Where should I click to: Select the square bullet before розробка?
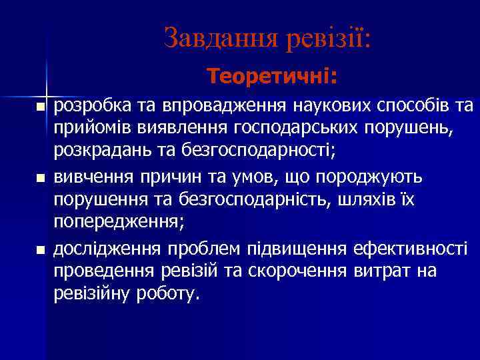[x=41, y=107]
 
